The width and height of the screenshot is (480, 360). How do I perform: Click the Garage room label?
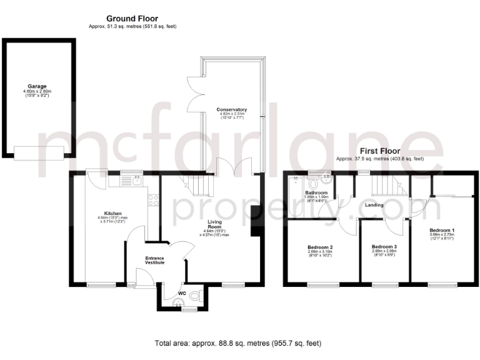(37, 86)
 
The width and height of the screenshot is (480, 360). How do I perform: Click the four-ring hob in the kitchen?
(153, 201)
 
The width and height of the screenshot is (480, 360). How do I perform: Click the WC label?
(182, 292)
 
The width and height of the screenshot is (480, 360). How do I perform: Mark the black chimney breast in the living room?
(256, 222)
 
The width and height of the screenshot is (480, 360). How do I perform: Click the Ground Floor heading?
(132, 19)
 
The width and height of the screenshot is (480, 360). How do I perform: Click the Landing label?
(374, 204)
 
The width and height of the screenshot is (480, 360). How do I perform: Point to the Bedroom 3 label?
(384, 247)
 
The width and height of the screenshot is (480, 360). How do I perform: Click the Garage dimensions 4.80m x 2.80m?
(37, 92)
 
